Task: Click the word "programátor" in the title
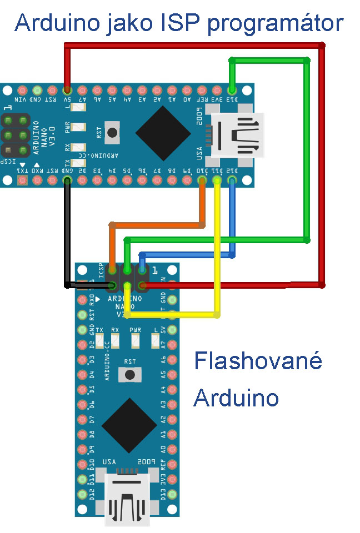coord(282,24)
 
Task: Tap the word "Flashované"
coord(258,361)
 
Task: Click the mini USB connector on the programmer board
coord(236,134)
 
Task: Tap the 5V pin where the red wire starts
coord(67,89)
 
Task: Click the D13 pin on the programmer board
coord(232,89)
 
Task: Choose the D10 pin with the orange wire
coord(202,179)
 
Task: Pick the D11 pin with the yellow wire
coord(217,179)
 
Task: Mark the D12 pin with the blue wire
coord(232,179)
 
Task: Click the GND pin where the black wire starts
coord(67,179)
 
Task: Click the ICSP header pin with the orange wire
coord(113,270)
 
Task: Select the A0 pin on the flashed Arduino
coord(172,449)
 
